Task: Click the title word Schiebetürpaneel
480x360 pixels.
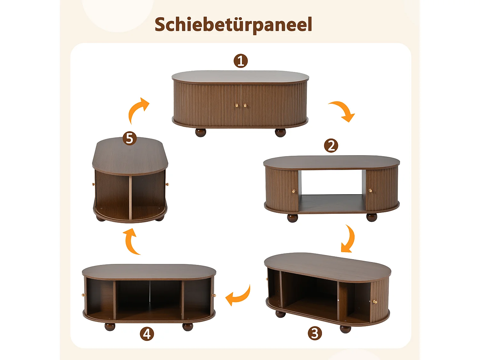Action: pos(233,24)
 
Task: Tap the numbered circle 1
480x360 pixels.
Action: pos(241,61)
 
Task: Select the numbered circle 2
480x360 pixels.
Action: pos(331,146)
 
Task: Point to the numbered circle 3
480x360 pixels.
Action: pos(315,333)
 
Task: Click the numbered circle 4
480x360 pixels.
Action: pos(147,334)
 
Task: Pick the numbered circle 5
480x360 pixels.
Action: pos(130,139)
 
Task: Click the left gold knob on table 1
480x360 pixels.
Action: pos(237,105)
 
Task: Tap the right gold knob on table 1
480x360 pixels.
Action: pos(245,105)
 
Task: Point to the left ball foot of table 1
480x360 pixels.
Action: pos(201,132)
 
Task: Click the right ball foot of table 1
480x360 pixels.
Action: pos(280,132)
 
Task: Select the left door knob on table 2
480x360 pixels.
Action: pos(294,191)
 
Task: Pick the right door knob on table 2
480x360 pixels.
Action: pos(371,191)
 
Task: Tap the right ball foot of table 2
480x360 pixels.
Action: pos(372,218)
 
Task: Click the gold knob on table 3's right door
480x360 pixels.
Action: pos(375,302)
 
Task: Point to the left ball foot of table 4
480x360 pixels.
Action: pos(110,327)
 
